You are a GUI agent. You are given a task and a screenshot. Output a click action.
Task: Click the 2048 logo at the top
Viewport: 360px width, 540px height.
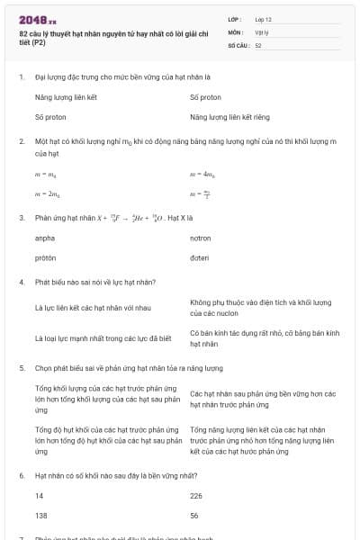click(x=37, y=20)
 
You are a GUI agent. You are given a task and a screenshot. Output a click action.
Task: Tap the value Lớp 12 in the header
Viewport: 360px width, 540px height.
click(x=263, y=19)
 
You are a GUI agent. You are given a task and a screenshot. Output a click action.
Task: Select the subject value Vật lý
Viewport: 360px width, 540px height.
click(x=261, y=31)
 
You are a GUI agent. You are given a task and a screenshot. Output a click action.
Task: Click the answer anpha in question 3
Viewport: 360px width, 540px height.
click(x=45, y=238)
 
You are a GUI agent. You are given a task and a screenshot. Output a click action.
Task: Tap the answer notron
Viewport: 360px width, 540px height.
click(x=200, y=238)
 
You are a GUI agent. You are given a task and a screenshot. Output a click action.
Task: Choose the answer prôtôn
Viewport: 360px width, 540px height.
click(x=45, y=257)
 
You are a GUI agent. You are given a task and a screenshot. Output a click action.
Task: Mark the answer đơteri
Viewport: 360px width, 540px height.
click(x=200, y=257)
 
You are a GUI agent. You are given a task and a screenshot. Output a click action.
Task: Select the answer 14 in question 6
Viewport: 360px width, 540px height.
click(x=39, y=496)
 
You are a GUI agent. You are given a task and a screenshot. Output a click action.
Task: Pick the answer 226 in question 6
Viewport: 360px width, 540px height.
click(x=196, y=496)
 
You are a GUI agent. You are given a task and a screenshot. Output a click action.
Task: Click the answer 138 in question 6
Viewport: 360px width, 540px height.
click(x=40, y=515)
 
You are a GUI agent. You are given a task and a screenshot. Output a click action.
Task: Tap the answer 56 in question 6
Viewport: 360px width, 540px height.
click(x=194, y=515)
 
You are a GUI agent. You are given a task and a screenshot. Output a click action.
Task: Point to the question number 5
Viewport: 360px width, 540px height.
click(x=21, y=368)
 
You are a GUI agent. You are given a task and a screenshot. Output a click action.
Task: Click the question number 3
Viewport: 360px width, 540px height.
click(x=21, y=218)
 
